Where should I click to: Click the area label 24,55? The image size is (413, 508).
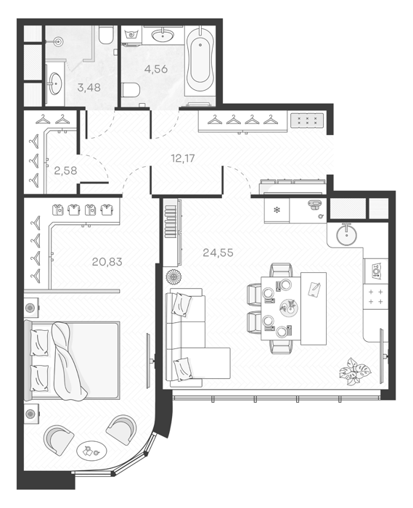point(218,253)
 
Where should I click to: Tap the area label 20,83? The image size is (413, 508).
point(107,261)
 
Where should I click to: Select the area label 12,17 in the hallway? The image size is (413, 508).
point(183,158)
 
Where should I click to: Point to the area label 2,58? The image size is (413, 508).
point(65,171)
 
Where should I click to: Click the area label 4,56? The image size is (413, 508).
point(156,69)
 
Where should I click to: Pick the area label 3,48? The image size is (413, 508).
point(89,87)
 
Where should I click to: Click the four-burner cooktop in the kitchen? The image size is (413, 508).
point(376,297)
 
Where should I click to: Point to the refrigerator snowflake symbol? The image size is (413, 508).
point(277,210)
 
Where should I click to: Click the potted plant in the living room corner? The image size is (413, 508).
point(354,372)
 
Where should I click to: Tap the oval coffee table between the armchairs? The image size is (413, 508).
point(91,451)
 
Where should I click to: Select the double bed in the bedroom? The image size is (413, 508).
point(72,360)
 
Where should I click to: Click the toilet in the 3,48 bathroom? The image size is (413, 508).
point(105,36)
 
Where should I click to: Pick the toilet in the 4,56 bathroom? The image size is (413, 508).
point(131,90)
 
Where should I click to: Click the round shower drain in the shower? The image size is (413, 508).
point(59,41)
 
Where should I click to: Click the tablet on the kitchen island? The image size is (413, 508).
point(314,289)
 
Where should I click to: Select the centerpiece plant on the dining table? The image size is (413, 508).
point(287,306)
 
